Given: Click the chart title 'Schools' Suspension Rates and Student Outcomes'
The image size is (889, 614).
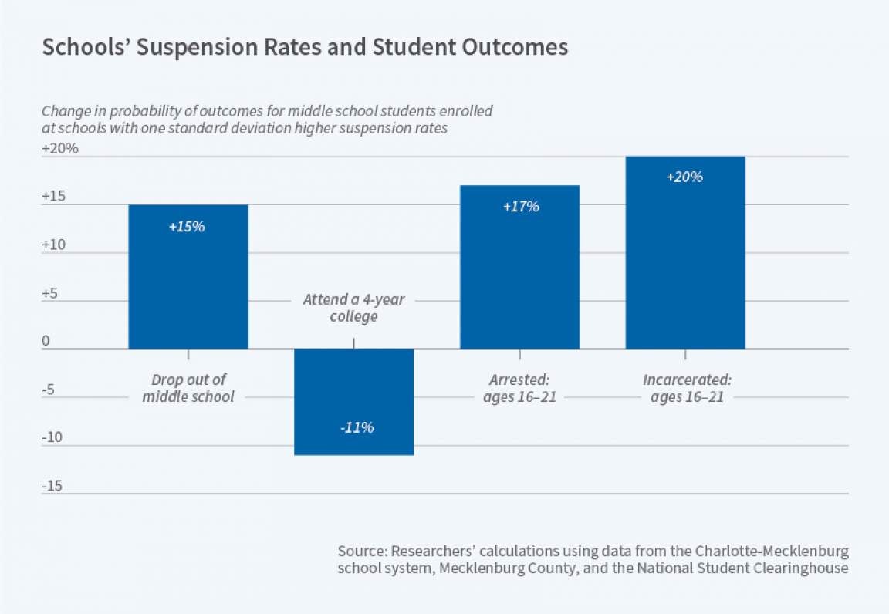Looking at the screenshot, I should point(305,48).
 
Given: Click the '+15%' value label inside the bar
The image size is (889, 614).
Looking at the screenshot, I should point(188,228).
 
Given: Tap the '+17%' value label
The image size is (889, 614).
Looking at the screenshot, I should point(519,207).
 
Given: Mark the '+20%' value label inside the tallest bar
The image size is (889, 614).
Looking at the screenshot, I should point(685,177).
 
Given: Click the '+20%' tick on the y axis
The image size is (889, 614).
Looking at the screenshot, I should point(60,148).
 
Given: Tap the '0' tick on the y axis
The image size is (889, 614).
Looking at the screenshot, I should point(46,341).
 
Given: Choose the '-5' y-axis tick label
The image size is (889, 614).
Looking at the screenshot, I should point(49,390).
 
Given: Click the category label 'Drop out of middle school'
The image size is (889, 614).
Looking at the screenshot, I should point(188,389).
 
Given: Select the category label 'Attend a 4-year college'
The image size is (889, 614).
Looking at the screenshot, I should point(353,307).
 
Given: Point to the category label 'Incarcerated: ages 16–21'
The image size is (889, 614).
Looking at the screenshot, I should point(686,389).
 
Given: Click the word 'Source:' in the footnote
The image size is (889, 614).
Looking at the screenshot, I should point(362,552).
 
